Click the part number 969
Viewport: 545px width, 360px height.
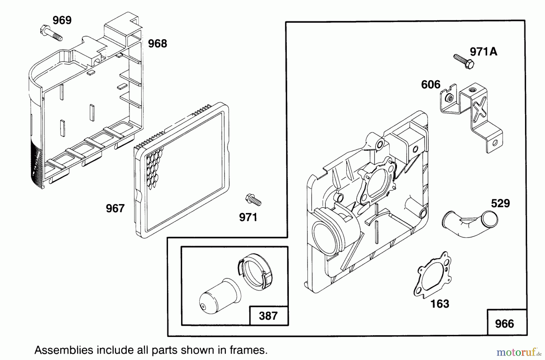pos(62,20)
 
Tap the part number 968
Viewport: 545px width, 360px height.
pos(157,44)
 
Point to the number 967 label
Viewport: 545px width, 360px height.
pos(115,208)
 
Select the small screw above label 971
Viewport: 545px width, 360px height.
pos(253,200)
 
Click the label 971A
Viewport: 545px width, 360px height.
pos(483,52)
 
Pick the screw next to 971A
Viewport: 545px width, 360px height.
pos(464,61)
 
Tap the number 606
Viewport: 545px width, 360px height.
pos(431,84)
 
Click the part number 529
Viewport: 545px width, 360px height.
pos(500,203)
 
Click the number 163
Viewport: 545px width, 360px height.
pos(440,304)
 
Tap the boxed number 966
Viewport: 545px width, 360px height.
pos(504,324)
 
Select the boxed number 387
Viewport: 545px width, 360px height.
pos(268,316)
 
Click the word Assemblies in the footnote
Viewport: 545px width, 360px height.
pos(64,350)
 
